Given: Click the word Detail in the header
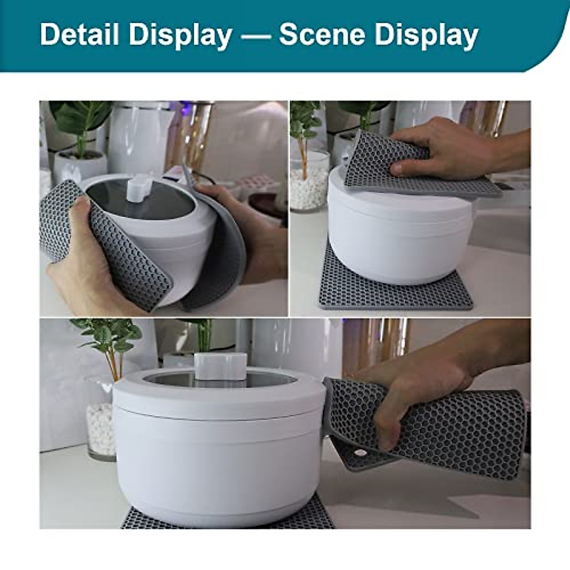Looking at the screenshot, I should [79, 35].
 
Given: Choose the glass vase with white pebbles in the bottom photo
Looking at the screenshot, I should [101, 427].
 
